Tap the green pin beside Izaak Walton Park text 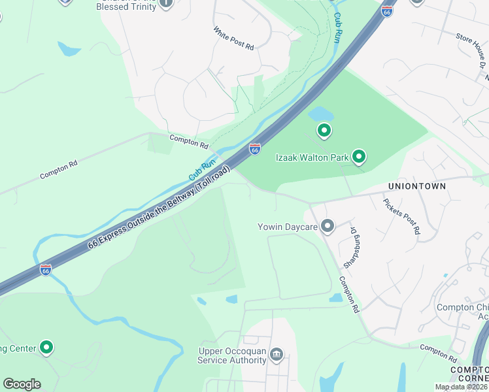(x=358, y=156)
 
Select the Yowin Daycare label (x=287, y=227)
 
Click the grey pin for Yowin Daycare (x=328, y=226)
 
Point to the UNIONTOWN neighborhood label (x=417, y=186)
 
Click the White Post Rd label (x=233, y=38)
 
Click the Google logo (x=22, y=384)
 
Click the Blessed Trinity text (x=126, y=7)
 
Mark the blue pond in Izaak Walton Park (x=320, y=114)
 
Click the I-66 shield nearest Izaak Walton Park (x=254, y=150)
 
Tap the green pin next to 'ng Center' (x=46, y=347)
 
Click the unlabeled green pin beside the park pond (x=324, y=131)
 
